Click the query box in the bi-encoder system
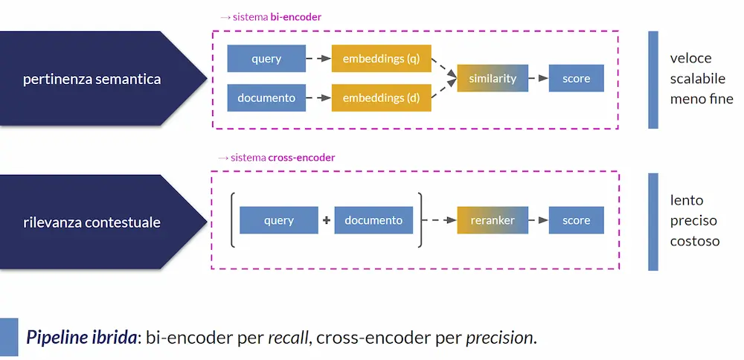tap(266, 59)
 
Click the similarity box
tap(493, 78)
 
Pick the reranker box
tap(493, 220)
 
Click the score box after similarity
tap(576, 78)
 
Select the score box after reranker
tap(576, 220)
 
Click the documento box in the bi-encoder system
tap(266, 98)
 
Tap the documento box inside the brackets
tap(373, 220)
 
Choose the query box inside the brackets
tap(278, 220)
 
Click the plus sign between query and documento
tap(326, 221)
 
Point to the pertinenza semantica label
tap(92, 79)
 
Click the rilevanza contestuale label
tap(92, 222)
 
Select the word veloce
tap(690, 58)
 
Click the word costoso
tap(694, 241)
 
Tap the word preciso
tap(693, 221)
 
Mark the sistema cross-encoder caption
tap(277, 158)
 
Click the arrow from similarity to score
tap(539, 78)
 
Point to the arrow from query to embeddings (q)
tap(319, 59)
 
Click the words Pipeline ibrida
tap(82, 338)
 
